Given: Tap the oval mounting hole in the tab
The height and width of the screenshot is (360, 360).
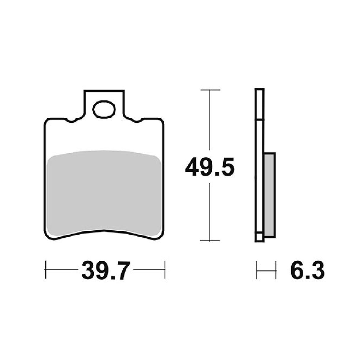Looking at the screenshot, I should pos(103,109).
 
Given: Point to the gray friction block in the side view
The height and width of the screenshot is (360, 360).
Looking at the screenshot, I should pos(270,194).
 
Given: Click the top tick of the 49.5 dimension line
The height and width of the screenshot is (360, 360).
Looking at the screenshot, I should pos(210,90).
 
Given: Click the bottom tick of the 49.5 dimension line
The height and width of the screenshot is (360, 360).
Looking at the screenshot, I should pos(210,240).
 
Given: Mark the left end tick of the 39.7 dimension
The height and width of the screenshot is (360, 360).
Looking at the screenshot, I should pos(46,270).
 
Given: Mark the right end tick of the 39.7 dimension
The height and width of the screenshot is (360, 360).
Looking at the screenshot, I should pos(165,270).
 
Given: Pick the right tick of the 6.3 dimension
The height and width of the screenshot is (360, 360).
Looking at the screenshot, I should pos(276,270).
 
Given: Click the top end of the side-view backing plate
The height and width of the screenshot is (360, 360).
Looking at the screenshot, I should pos(259,90).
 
